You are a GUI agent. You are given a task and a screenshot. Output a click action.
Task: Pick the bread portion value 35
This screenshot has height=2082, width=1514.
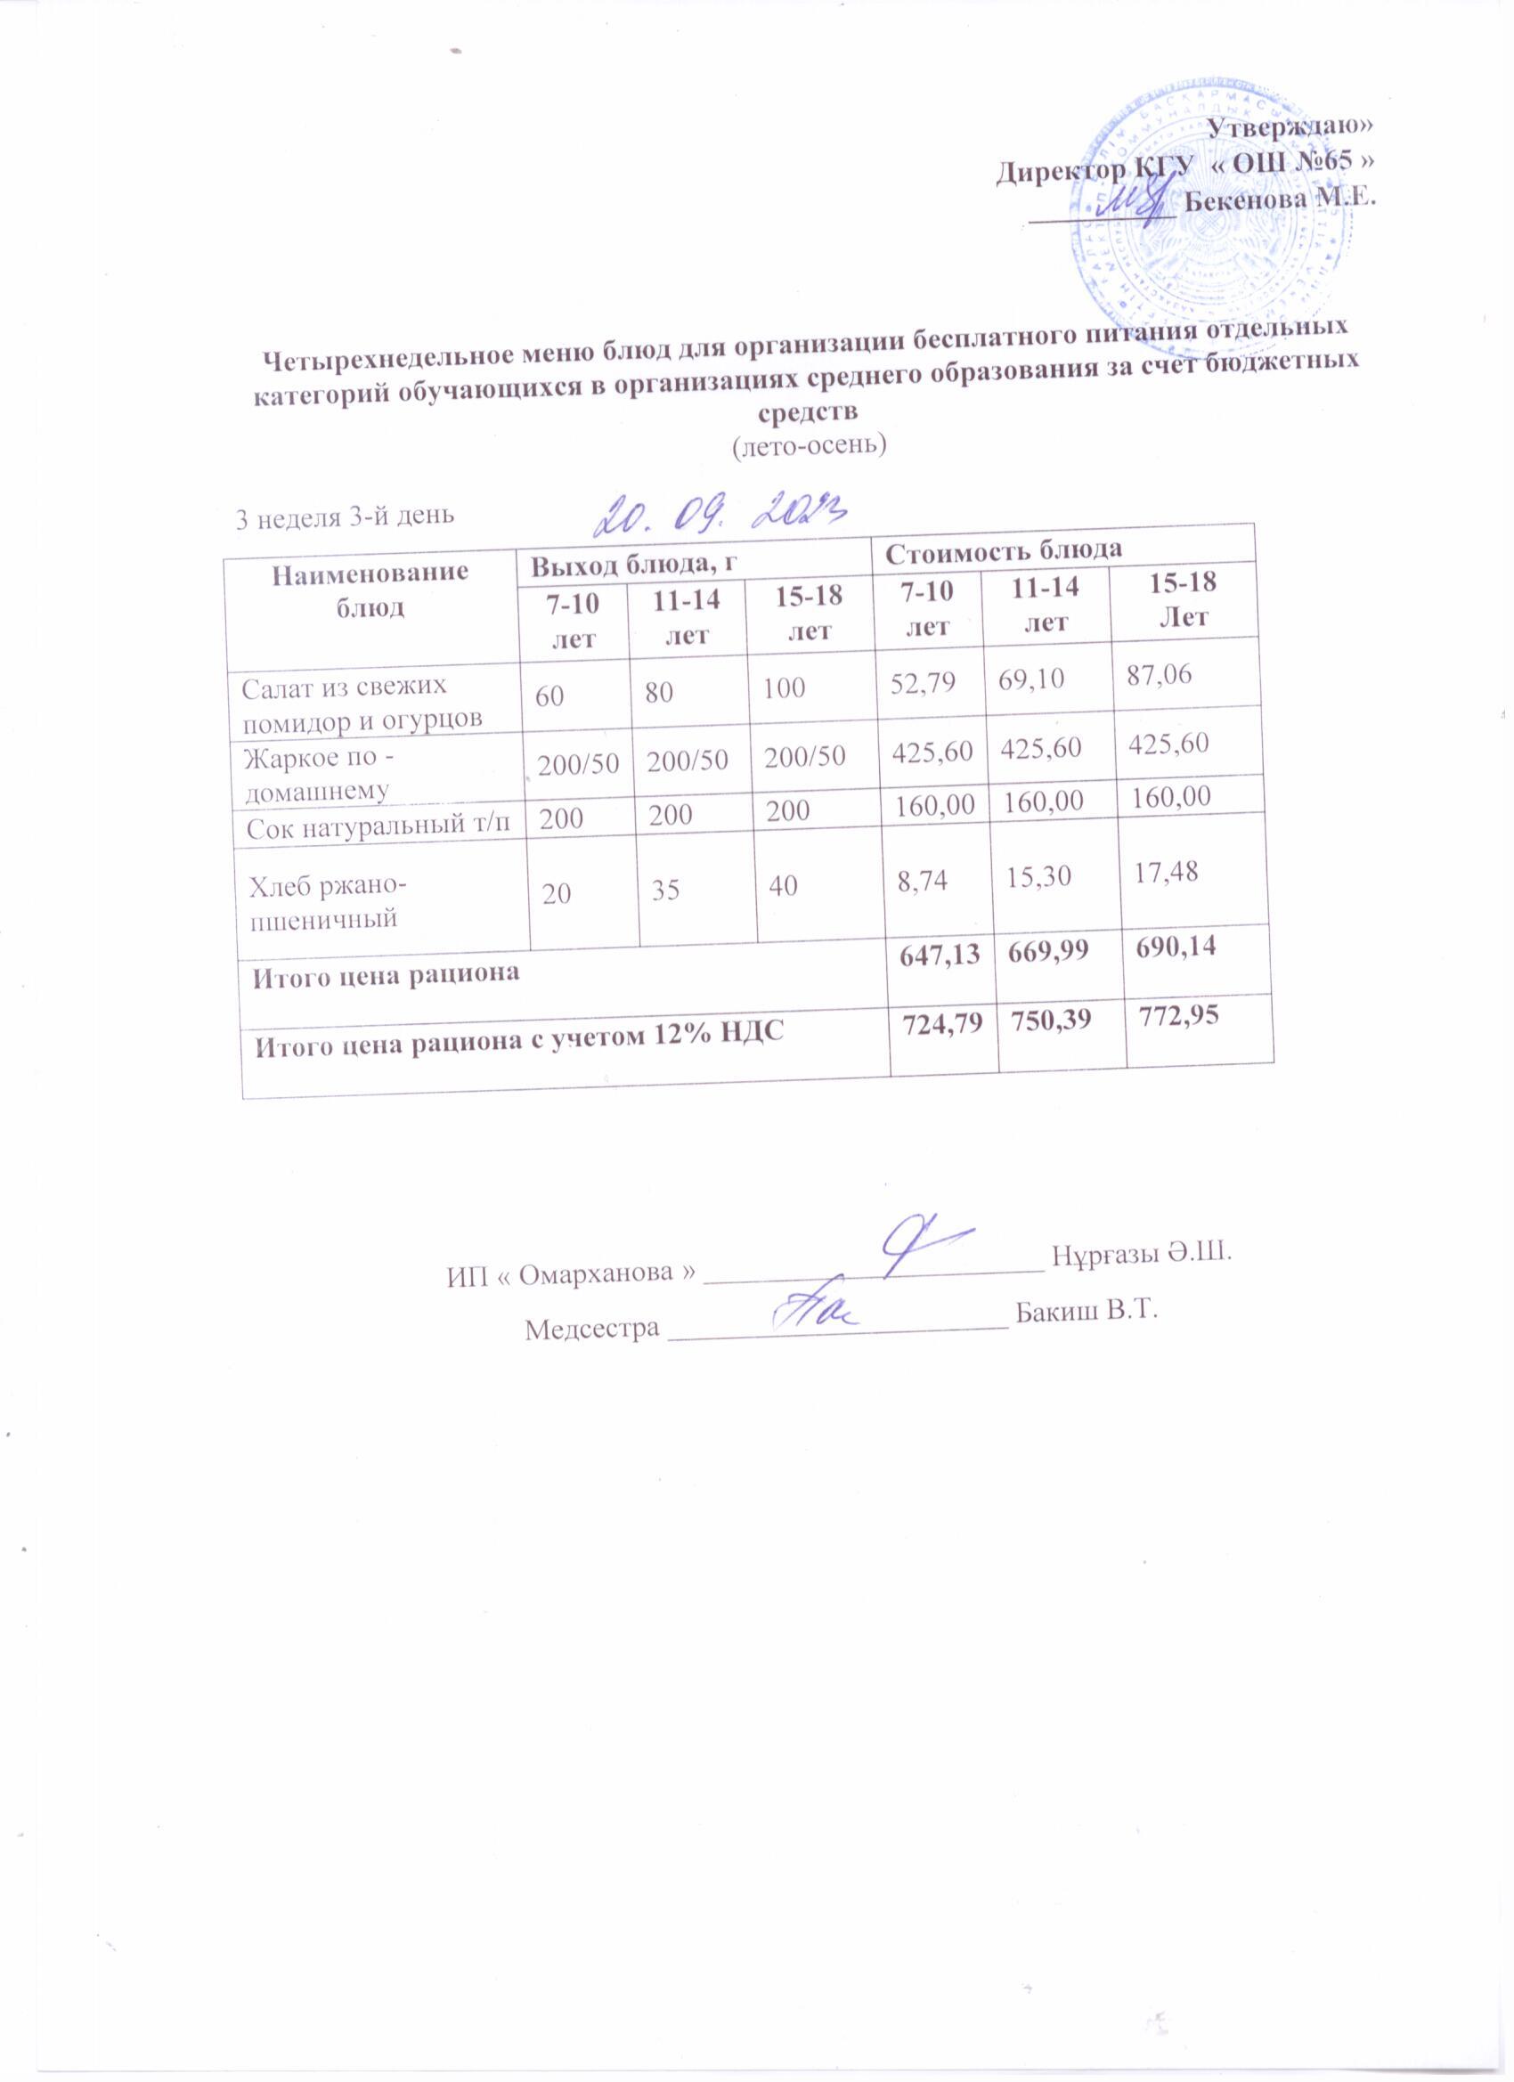pyautogui.click(x=666, y=890)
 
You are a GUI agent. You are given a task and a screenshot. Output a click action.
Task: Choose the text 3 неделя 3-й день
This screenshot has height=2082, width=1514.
pyautogui.click(x=346, y=517)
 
